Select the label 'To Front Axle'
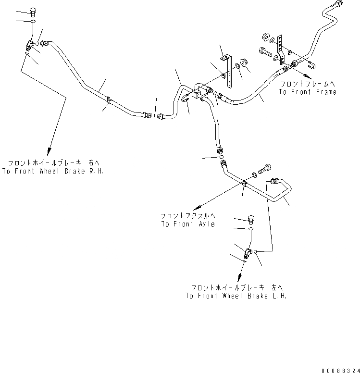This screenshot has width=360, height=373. coord(187,224)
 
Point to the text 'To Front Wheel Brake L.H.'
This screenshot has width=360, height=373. coord(236,296)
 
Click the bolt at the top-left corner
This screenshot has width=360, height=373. coord(33,12)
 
